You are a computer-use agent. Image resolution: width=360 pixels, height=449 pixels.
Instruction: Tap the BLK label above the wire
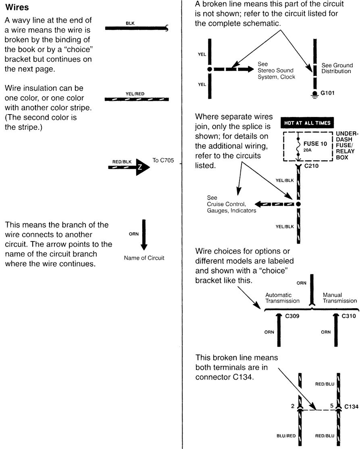130,23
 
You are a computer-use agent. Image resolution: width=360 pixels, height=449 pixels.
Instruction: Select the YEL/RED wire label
135,94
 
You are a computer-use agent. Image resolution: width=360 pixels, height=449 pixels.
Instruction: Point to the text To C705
163,160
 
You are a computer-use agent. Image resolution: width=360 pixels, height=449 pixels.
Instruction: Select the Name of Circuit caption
144,258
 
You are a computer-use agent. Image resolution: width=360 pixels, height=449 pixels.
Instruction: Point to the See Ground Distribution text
337,68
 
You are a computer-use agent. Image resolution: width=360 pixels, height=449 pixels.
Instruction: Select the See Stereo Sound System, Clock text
276,71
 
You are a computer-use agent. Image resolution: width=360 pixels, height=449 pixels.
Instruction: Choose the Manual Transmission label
339,298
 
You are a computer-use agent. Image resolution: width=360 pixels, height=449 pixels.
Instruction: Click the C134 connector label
351,407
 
